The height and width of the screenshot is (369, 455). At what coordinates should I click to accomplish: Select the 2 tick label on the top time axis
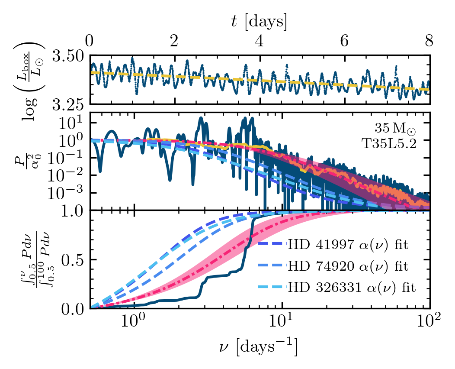click(x=174, y=42)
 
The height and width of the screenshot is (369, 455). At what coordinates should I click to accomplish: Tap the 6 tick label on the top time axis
click(x=344, y=42)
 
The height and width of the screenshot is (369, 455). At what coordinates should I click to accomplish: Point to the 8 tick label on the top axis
click(x=429, y=42)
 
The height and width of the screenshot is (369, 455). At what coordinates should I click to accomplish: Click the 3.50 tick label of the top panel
click(x=69, y=57)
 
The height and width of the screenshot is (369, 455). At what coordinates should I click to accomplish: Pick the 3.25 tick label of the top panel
click(x=69, y=105)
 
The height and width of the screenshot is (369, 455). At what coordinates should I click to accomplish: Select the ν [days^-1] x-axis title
click(x=259, y=347)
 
